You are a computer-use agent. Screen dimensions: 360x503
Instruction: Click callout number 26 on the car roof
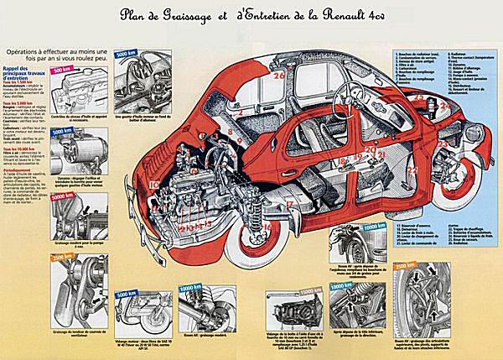(x=279, y=76)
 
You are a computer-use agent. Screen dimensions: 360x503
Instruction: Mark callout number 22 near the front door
(x=412, y=170)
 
